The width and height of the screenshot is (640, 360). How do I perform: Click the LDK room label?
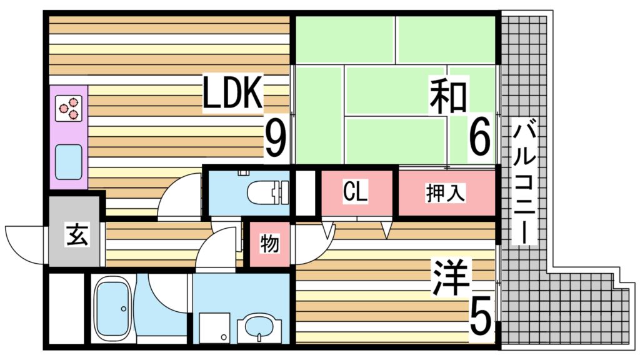[x=232, y=93]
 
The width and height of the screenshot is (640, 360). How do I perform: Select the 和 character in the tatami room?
[x=448, y=97]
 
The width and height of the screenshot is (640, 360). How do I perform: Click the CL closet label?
[x=355, y=191]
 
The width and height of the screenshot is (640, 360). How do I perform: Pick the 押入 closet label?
[x=445, y=192]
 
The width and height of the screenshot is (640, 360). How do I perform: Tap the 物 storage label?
[x=269, y=244]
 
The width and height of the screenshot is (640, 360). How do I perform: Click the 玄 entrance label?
[x=77, y=235]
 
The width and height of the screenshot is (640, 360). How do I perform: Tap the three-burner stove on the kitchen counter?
[x=69, y=108]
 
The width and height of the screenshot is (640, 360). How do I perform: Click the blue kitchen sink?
[x=69, y=162]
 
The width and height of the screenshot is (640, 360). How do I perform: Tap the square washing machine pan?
[x=215, y=327]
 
